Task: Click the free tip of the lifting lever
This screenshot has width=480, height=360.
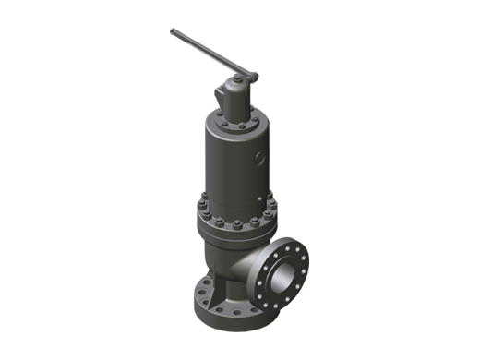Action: [x=174, y=32]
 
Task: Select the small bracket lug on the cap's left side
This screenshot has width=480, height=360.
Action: [x=221, y=95]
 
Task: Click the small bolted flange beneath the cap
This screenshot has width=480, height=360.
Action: [x=236, y=120]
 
